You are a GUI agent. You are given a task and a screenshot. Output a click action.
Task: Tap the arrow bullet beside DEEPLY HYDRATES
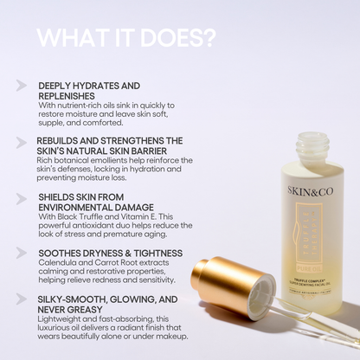click(21, 87)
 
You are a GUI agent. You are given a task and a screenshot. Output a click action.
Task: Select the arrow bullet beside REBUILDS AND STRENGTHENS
click(21, 140)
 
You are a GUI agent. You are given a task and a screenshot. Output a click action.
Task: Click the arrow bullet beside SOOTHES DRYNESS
click(21, 252)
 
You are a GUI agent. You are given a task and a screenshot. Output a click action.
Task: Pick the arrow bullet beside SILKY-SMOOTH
click(21, 299)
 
